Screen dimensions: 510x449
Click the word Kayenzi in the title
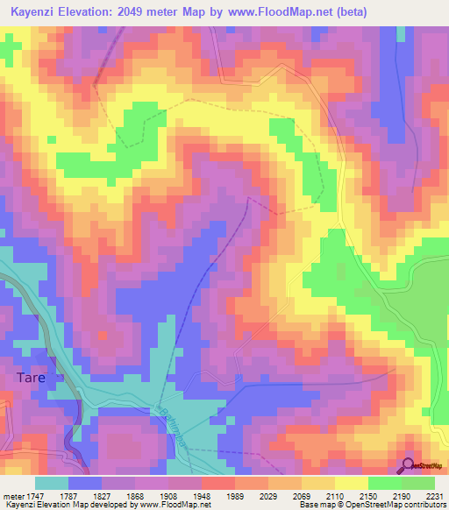[37, 11]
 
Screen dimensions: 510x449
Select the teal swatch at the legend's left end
[52, 483]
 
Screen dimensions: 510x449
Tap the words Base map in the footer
[314, 505]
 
